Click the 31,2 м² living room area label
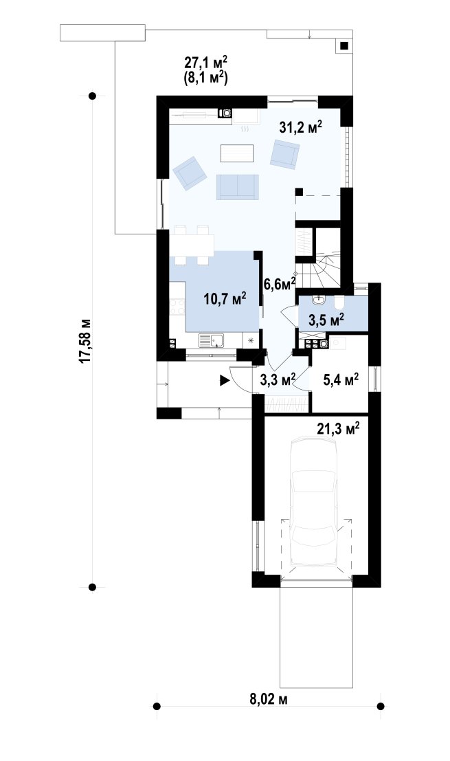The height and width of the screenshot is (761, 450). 301,127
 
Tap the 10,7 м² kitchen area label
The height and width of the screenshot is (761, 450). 225,298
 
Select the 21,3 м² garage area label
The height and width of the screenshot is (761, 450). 338,428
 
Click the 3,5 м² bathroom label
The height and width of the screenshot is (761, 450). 326,320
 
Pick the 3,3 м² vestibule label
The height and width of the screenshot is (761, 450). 278,379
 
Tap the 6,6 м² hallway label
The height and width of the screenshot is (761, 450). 280,284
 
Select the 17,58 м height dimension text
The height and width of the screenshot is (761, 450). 85,341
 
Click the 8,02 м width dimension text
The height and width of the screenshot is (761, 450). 269,699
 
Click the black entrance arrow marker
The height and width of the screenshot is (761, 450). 225,381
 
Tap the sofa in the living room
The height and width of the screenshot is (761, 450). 238,187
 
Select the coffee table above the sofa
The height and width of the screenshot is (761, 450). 237,153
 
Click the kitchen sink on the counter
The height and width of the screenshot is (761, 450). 211,341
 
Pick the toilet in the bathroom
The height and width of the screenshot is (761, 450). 339,303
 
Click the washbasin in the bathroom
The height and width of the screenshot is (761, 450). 317,301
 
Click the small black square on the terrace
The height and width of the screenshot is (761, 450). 344,46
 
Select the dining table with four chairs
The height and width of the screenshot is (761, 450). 192,245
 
